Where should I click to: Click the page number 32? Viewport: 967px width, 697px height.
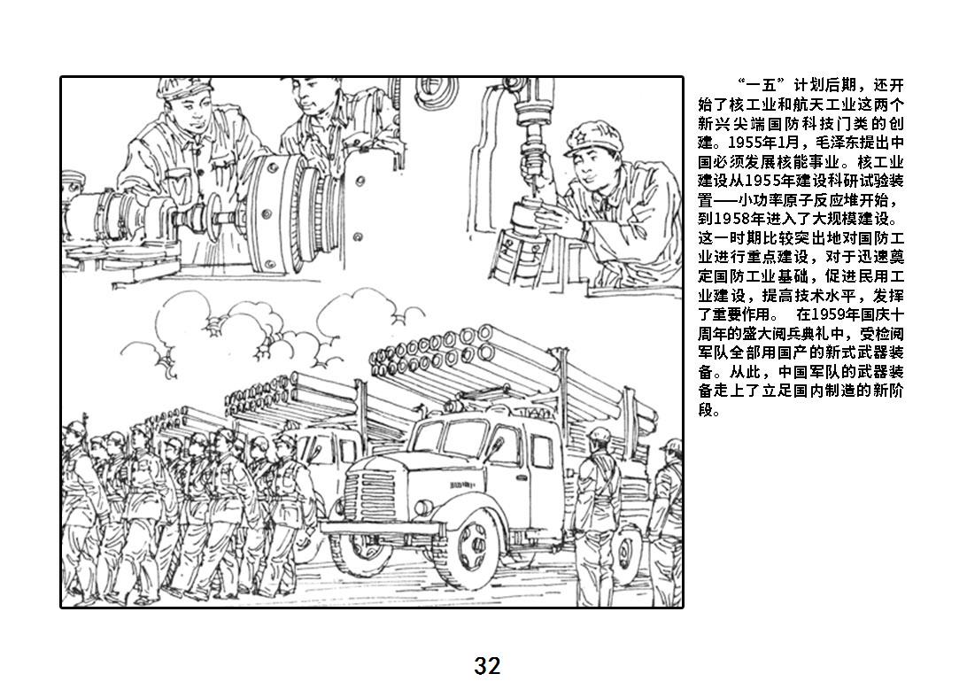[x=487, y=666]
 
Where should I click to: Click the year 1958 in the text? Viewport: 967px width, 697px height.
[x=729, y=220]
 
